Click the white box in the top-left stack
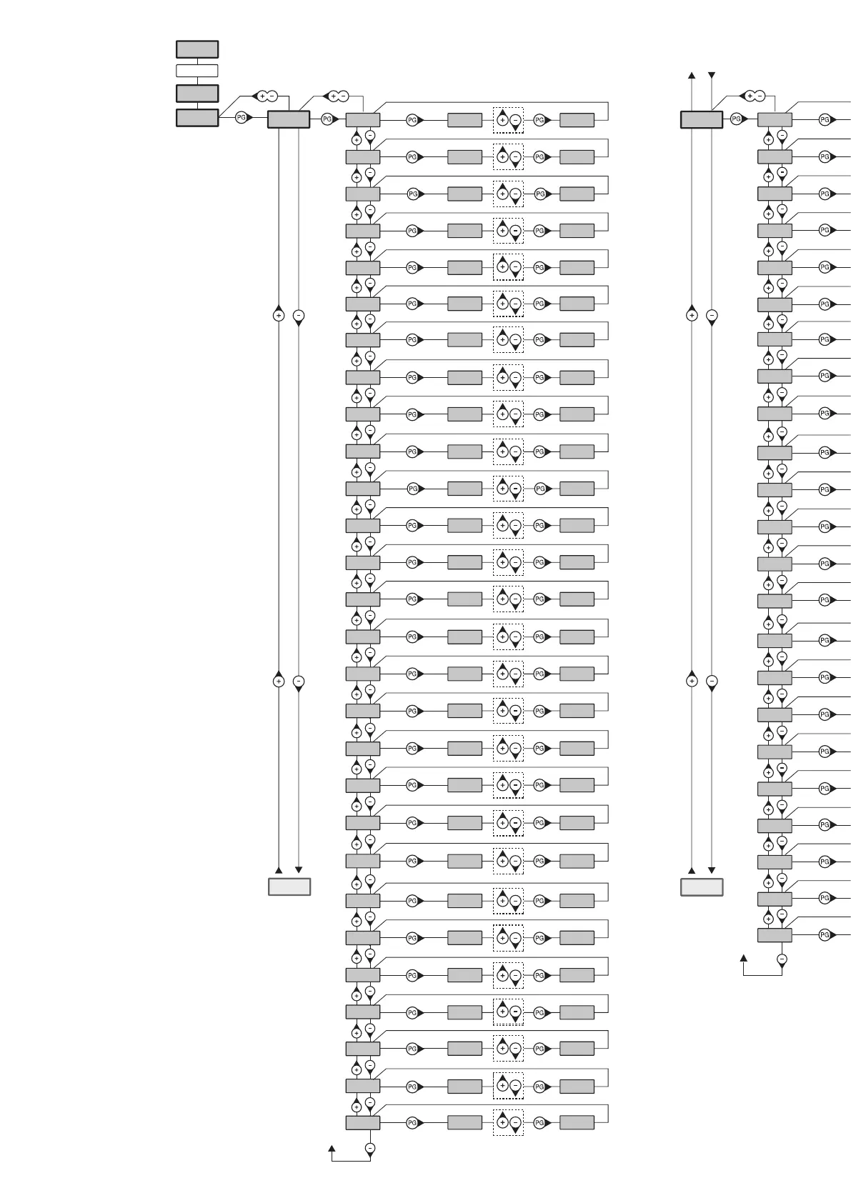[x=197, y=71]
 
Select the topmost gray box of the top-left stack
[x=197, y=49]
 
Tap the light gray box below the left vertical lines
[x=289, y=887]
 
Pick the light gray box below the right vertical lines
[x=702, y=887]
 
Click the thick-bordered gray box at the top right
[x=702, y=119]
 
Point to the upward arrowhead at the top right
[x=692, y=75]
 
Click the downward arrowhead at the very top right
[x=712, y=75]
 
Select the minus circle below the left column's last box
[x=370, y=1149]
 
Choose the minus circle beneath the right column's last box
[x=782, y=959]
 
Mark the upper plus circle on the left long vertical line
[x=279, y=315]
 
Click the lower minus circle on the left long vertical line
[x=299, y=682]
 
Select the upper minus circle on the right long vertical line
[x=712, y=315]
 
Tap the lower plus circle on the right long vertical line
[x=692, y=682]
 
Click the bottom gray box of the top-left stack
[x=197, y=118]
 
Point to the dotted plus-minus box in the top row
[x=508, y=120]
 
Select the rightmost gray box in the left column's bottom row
[x=577, y=1123]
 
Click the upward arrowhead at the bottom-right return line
[x=744, y=959]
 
